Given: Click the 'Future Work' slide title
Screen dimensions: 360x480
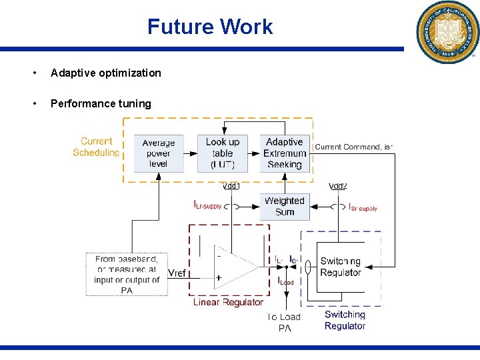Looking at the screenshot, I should (x=210, y=27).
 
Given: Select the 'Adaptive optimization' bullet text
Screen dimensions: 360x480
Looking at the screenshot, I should (x=106, y=73).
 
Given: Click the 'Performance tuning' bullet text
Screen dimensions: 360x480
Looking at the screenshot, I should (x=101, y=103).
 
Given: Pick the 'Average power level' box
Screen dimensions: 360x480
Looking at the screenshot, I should (x=159, y=153).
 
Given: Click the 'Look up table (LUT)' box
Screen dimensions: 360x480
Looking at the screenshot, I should (x=222, y=153).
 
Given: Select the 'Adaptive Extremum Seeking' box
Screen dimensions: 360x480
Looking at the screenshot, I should (x=285, y=153).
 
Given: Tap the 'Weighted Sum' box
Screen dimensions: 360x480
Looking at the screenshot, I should (x=285, y=206).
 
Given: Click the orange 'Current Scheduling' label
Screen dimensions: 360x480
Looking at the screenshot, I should (x=97, y=147).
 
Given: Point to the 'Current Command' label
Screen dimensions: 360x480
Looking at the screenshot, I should (x=353, y=147).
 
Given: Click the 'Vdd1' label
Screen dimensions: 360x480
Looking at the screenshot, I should (x=231, y=186).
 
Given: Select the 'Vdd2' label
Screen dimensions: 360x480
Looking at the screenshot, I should (x=338, y=186).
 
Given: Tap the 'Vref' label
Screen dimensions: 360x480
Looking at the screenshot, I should (x=177, y=273).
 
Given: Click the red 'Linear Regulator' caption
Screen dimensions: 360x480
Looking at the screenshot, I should (x=228, y=302).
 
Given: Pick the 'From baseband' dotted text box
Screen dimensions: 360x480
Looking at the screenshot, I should (x=127, y=274).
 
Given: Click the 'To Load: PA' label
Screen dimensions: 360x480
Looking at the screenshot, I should (x=285, y=323).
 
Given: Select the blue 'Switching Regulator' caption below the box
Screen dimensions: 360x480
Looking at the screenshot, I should (x=345, y=320).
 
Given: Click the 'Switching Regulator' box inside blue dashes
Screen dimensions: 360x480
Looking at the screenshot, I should (x=340, y=267).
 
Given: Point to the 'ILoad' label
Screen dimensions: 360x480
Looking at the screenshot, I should (x=285, y=281).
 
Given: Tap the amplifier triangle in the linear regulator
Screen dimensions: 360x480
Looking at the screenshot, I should (x=233, y=267).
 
